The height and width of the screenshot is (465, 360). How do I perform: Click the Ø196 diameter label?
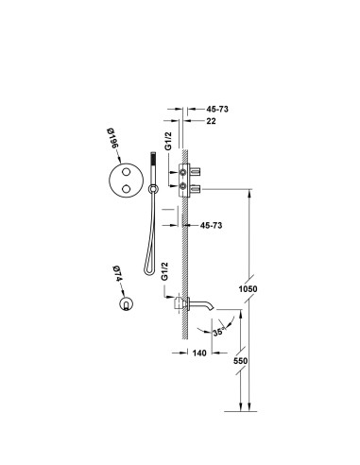[111, 139]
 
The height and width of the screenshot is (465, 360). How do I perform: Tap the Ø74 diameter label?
[117, 274]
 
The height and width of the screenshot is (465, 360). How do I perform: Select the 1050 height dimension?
[248, 288]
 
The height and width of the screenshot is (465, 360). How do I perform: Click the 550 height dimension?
[240, 361]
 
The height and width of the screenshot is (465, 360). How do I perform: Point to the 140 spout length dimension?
[199, 353]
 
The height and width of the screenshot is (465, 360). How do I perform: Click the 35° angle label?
[219, 332]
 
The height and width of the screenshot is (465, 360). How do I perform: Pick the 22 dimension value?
[212, 121]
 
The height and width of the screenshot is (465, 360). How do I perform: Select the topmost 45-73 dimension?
[217, 109]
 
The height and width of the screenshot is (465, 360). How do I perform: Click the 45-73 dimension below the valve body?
[211, 225]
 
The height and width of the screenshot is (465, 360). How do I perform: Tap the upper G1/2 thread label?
[169, 141]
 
